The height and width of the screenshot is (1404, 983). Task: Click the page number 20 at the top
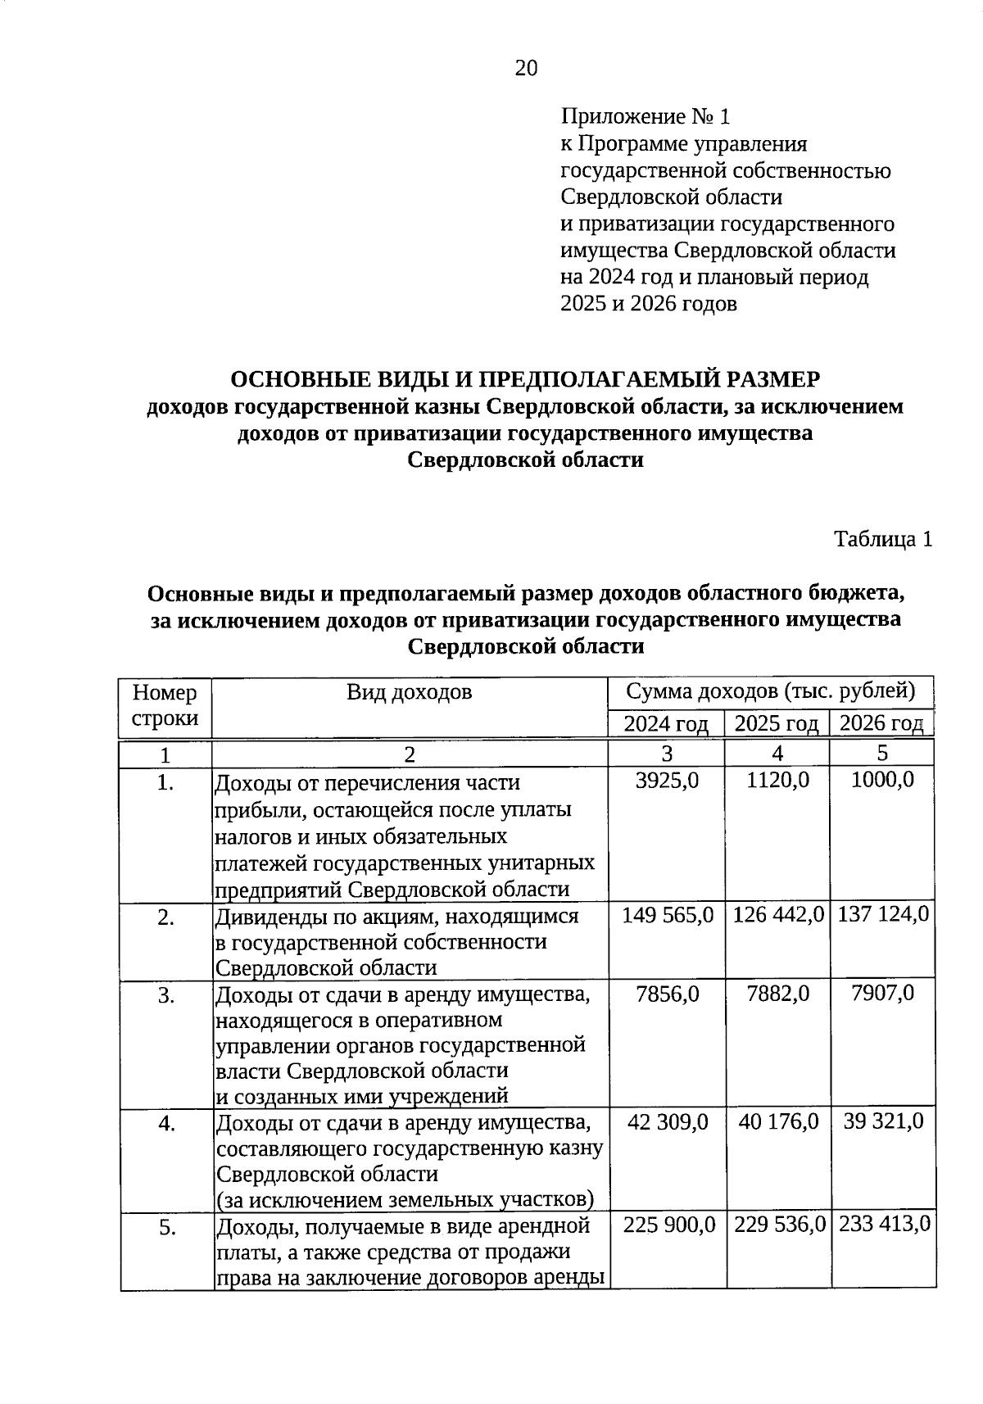coord(526,69)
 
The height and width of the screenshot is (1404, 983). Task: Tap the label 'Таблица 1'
coord(883,539)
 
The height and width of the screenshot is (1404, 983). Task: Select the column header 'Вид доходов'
coord(409,692)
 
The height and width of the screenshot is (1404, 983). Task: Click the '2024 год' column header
coord(665,723)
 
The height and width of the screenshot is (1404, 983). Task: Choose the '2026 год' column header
coord(881,723)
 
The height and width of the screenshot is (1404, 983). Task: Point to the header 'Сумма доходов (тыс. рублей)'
coord(770,691)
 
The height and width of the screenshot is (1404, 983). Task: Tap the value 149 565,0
coord(667,914)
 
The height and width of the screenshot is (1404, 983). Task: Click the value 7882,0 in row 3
coord(777,994)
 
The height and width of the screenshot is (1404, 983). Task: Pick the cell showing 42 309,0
coord(667,1121)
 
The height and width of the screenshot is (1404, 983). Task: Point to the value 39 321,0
coord(883,1121)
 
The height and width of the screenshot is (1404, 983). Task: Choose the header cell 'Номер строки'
coord(165,705)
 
